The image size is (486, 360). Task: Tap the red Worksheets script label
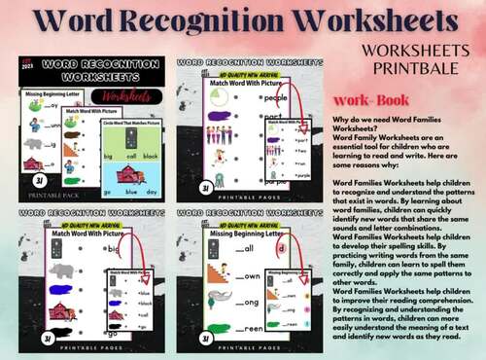pyautogui.click(x=121, y=97)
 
